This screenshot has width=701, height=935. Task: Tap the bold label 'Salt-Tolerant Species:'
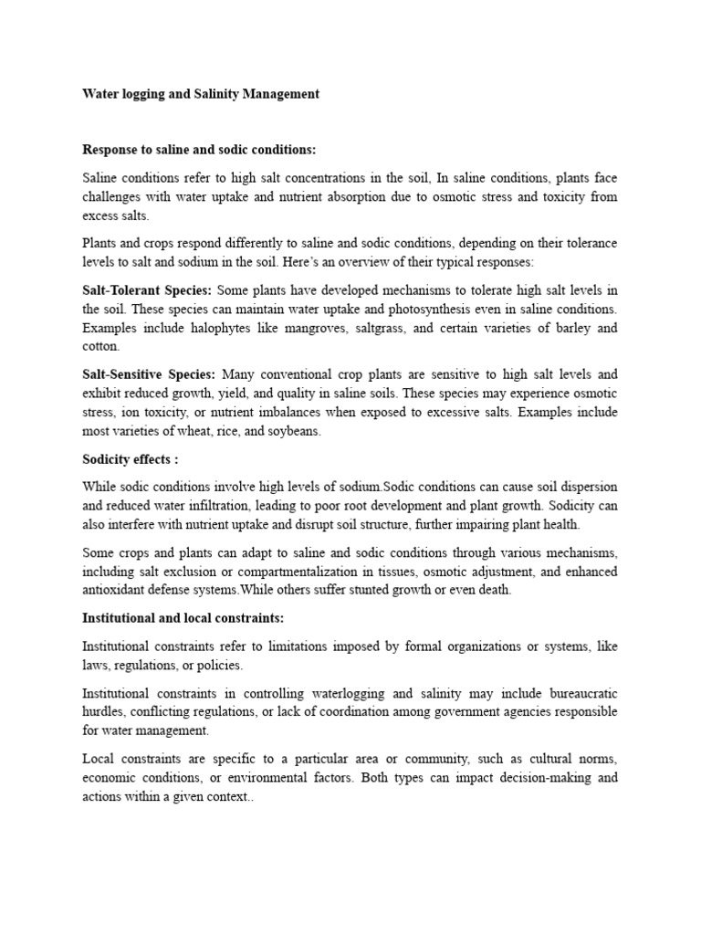pyautogui.click(x=146, y=290)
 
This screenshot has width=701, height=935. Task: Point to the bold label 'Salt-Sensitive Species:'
pyautogui.click(x=149, y=374)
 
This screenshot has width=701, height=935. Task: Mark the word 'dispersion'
pyautogui.click(x=585, y=486)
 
